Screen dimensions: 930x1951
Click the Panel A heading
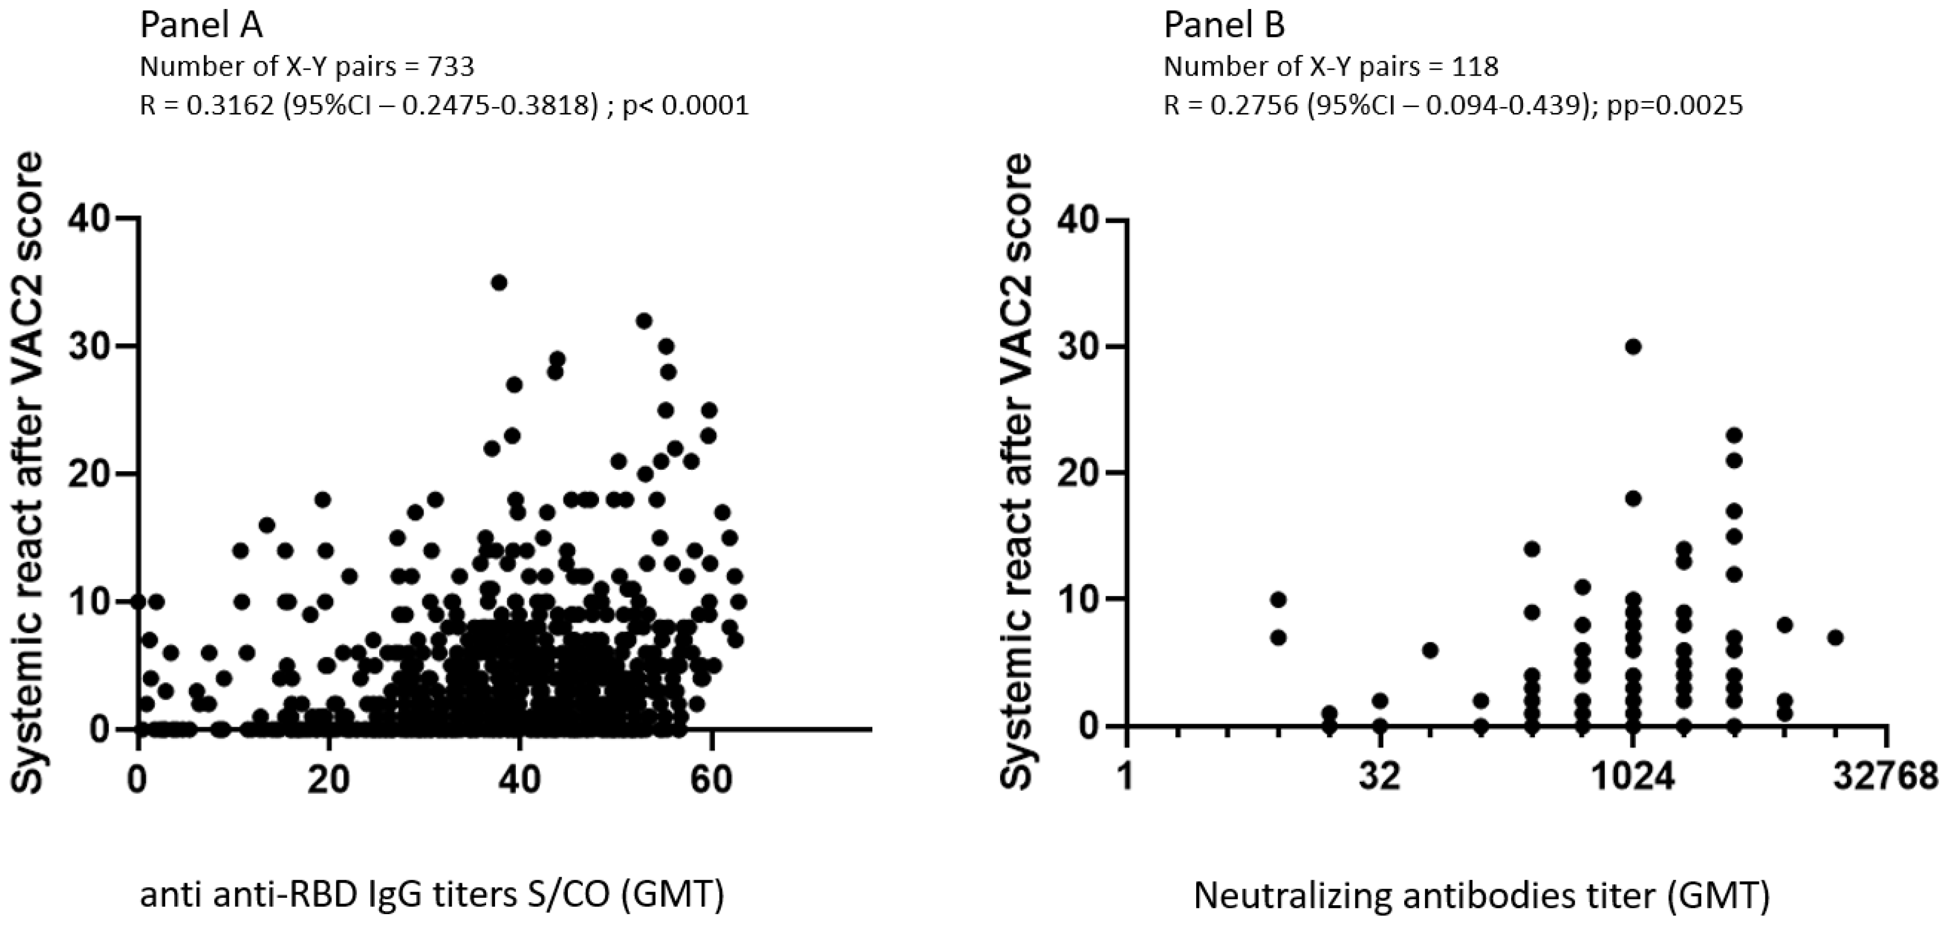tap(202, 26)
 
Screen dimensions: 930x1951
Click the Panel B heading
tap(1224, 26)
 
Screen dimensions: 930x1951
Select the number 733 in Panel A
tap(451, 67)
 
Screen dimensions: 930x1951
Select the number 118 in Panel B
tap(1475, 67)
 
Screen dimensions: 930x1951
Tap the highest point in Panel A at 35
tap(499, 283)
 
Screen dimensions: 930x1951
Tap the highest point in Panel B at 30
tap(1633, 347)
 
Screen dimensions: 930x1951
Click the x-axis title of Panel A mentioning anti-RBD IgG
tap(432, 897)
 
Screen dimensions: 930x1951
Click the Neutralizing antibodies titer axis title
tap(1481, 897)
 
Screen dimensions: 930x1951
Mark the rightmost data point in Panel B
tap(1835, 638)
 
